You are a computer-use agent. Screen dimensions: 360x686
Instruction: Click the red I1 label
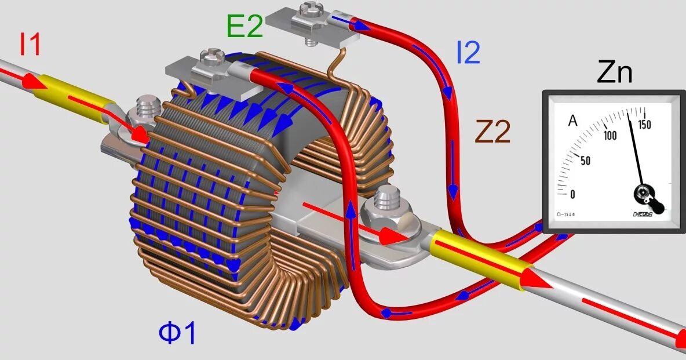coord(30,45)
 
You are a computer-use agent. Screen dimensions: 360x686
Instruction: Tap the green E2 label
coord(245,27)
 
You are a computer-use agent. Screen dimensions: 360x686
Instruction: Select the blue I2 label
coord(468,53)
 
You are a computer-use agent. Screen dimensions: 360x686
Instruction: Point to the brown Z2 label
coord(492,133)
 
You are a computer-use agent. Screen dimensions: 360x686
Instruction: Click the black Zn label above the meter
coord(614,74)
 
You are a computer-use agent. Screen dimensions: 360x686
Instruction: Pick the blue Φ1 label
coord(178,333)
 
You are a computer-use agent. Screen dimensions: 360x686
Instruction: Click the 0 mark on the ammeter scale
coord(573,194)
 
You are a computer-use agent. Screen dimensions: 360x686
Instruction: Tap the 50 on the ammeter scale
coord(585,160)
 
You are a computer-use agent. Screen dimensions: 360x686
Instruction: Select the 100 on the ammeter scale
coord(609,136)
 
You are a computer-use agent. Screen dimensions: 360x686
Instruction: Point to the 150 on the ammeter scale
coord(644,125)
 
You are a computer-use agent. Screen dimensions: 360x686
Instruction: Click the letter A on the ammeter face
coord(572,121)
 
